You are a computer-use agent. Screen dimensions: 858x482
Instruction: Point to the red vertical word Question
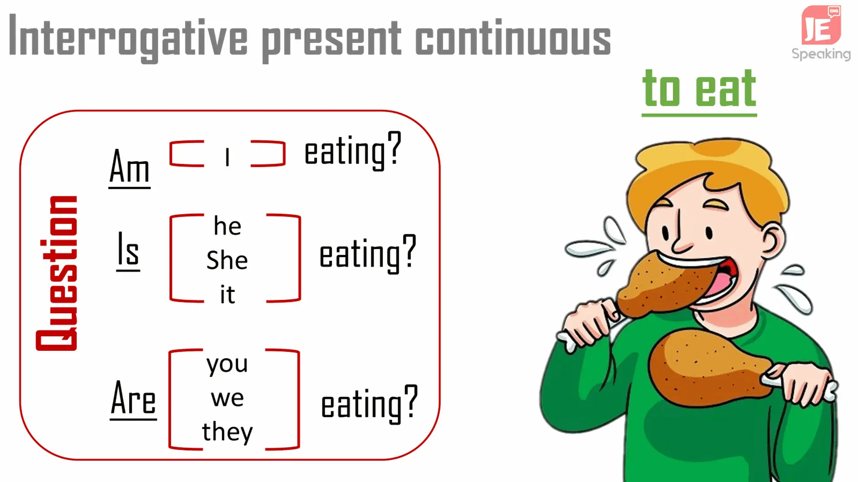(x=57, y=273)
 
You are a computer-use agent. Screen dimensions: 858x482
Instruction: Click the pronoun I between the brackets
(x=227, y=157)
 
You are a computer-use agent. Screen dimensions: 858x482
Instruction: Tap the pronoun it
(x=227, y=294)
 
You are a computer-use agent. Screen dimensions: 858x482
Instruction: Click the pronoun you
(x=227, y=365)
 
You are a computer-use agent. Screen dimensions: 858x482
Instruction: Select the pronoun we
(x=227, y=398)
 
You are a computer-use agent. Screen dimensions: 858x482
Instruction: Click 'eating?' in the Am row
(x=353, y=150)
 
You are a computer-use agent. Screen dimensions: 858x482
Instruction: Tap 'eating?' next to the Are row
(x=370, y=404)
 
